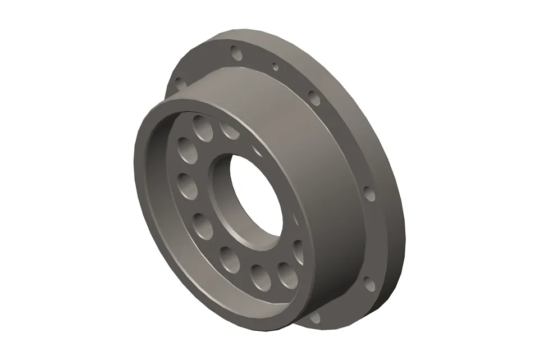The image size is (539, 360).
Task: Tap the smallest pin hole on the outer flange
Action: click(275, 67)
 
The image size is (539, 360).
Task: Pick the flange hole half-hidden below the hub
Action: click(314, 317)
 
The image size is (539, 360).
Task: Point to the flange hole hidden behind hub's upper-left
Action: click(179, 84)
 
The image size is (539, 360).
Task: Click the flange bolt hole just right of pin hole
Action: click(315, 99)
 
